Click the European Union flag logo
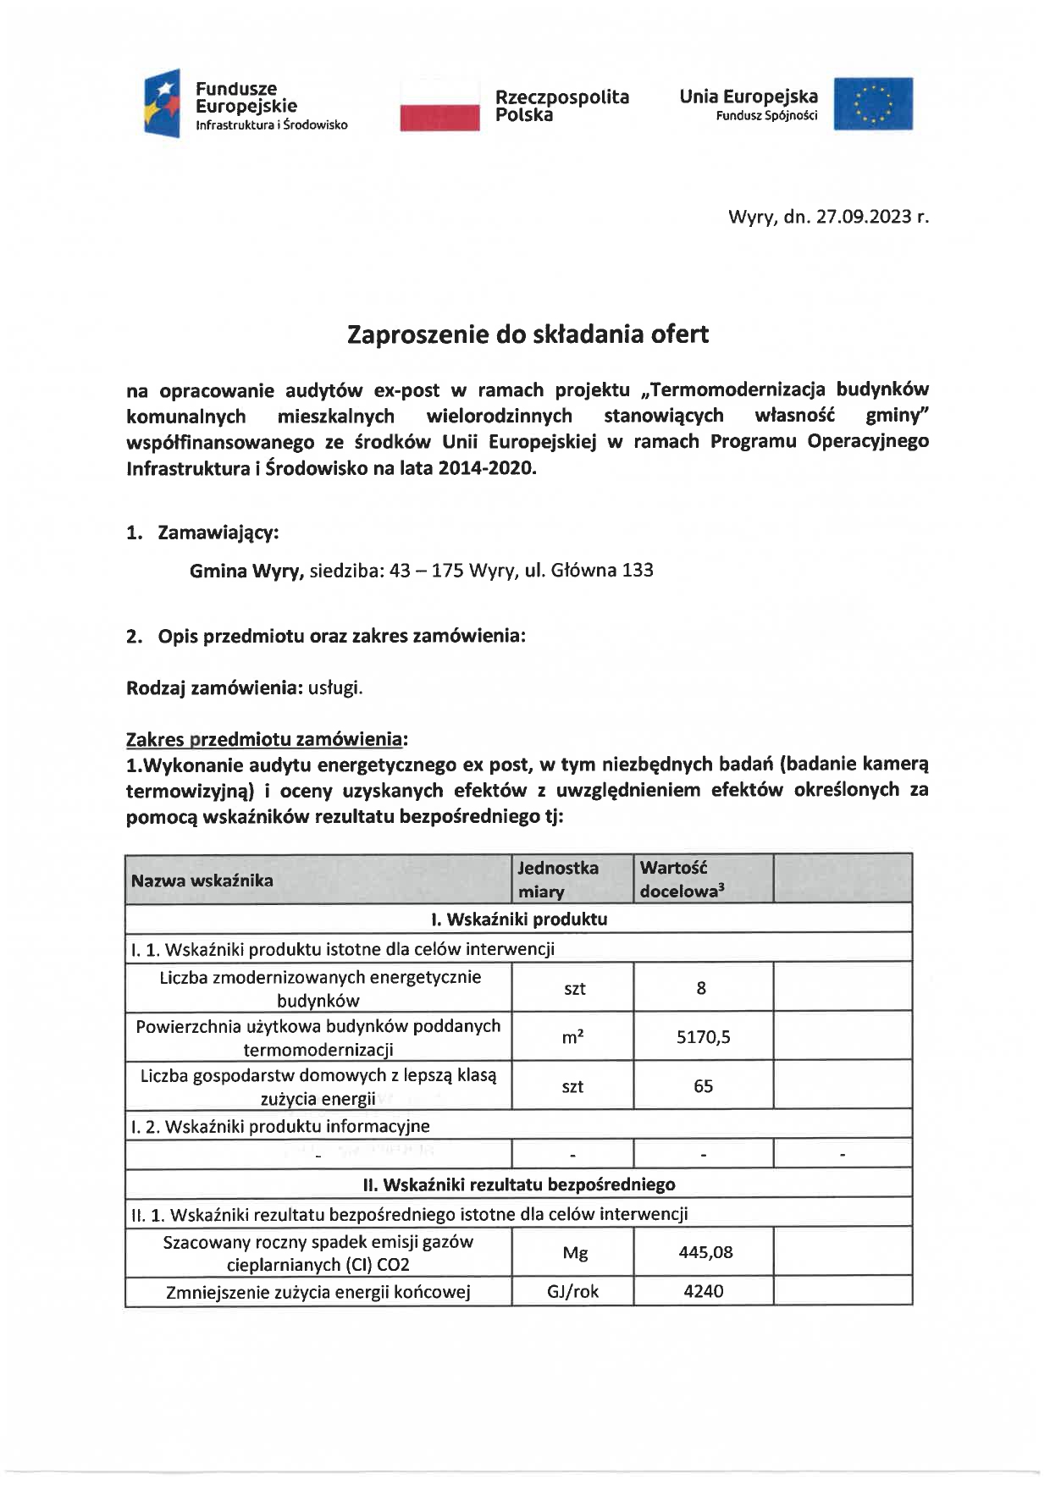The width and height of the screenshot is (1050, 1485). tap(873, 104)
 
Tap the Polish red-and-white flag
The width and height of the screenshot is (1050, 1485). tap(439, 105)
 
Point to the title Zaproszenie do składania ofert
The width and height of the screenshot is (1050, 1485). tap(528, 334)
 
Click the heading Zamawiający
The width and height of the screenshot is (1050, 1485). tap(218, 533)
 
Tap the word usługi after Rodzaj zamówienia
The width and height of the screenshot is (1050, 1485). tap(335, 687)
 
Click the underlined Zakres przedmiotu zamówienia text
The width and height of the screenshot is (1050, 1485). tap(265, 739)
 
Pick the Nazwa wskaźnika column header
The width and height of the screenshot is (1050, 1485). tap(202, 880)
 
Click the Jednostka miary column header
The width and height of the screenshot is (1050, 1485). tap(557, 880)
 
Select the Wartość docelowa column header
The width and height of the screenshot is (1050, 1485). tap(682, 880)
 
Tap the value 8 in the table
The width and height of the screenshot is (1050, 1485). tap(701, 988)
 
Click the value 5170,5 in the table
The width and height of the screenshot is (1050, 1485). tap(703, 1037)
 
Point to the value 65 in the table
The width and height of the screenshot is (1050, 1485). tap(703, 1086)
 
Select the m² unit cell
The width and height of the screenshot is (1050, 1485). tap(573, 1037)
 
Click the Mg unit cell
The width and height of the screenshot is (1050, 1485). tap(575, 1253)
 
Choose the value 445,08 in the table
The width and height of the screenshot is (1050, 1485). tap(705, 1253)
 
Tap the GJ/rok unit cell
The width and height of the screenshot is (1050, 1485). tap(573, 1292)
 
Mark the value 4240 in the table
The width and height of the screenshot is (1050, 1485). tap(703, 1292)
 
